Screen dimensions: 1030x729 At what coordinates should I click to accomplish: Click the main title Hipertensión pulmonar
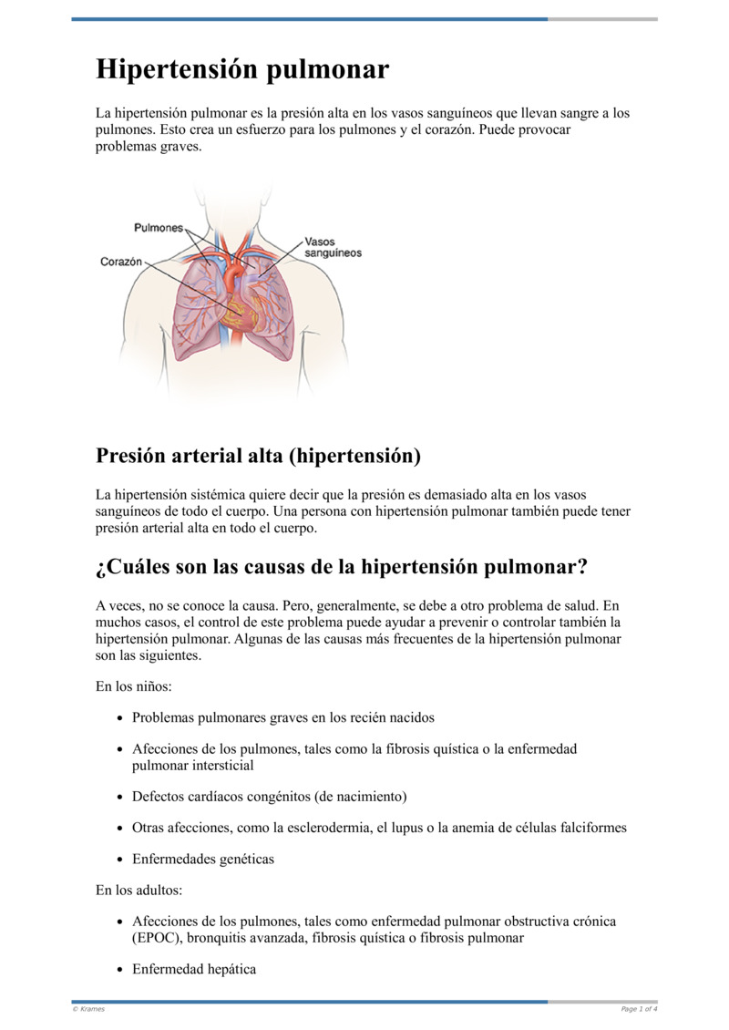click(x=242, y=69)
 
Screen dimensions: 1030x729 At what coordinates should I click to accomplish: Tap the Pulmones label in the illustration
click(x=159, y=228)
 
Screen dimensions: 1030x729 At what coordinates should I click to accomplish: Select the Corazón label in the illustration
click(x=121, y=262)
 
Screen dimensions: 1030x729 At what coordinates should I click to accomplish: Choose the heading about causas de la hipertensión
click(x=342, y=567)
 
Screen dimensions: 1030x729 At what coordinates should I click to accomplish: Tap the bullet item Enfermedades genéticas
click(x=202, y=859)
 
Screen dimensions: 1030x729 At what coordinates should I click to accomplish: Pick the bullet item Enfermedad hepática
click(x=193, y=969)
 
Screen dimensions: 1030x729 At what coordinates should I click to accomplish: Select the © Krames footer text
click(x=88, y=1009)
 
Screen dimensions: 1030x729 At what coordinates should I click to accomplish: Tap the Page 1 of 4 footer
click(x=639, y=1009)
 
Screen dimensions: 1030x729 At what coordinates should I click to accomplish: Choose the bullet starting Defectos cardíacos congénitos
click(x=269, y=797)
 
